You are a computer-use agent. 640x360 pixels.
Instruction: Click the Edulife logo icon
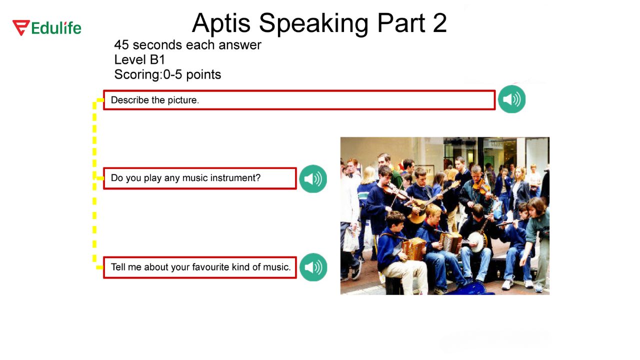[x=21, y=27]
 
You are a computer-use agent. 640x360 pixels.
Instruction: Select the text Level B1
[x=139, y=59]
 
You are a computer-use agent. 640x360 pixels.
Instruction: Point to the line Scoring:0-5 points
[x=167, y=74]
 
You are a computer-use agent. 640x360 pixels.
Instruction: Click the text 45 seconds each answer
[x=187, y=45]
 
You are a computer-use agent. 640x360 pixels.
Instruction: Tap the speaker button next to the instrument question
[x=313, y=178]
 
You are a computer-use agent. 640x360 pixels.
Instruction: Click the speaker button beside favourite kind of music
[x=313, y=267]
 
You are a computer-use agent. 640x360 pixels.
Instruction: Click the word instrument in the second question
[x=234, y=178]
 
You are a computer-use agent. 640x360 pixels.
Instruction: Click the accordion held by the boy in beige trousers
[x=414, y=248]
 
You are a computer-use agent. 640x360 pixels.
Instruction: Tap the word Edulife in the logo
[x=56, y=28]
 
